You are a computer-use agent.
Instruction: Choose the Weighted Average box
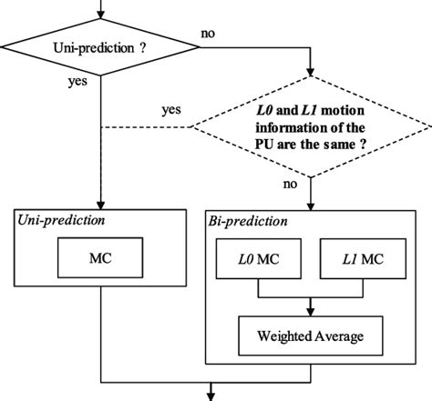312,336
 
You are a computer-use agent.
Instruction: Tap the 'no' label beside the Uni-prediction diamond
208,34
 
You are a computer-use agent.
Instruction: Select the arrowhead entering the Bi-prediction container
312,205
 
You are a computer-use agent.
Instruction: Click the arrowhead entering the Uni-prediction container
100,205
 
